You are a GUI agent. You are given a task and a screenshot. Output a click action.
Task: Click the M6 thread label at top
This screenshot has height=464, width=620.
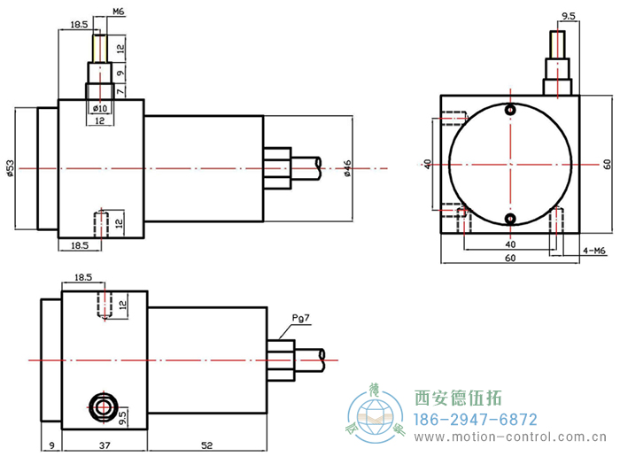point(119,12)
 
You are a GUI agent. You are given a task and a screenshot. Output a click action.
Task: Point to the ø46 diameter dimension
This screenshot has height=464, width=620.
point(348,167)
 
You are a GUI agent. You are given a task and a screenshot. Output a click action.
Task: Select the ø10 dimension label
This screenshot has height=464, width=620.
point(100,108)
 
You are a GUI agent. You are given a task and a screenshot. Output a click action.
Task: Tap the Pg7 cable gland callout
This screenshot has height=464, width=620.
point(301,319)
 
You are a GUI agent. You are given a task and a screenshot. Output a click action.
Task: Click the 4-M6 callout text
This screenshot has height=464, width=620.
point(593,250)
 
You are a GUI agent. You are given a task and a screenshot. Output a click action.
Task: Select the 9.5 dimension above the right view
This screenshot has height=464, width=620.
point(569,16)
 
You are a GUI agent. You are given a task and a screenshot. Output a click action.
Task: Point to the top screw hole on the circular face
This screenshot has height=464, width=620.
point(510,110)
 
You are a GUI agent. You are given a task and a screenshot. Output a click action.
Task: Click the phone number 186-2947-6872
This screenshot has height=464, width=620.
point(477,419)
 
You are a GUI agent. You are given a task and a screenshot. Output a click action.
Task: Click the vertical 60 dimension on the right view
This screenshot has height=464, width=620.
point(608,165)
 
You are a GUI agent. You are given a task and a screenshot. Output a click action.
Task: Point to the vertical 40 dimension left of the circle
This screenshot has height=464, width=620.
point(428,165)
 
